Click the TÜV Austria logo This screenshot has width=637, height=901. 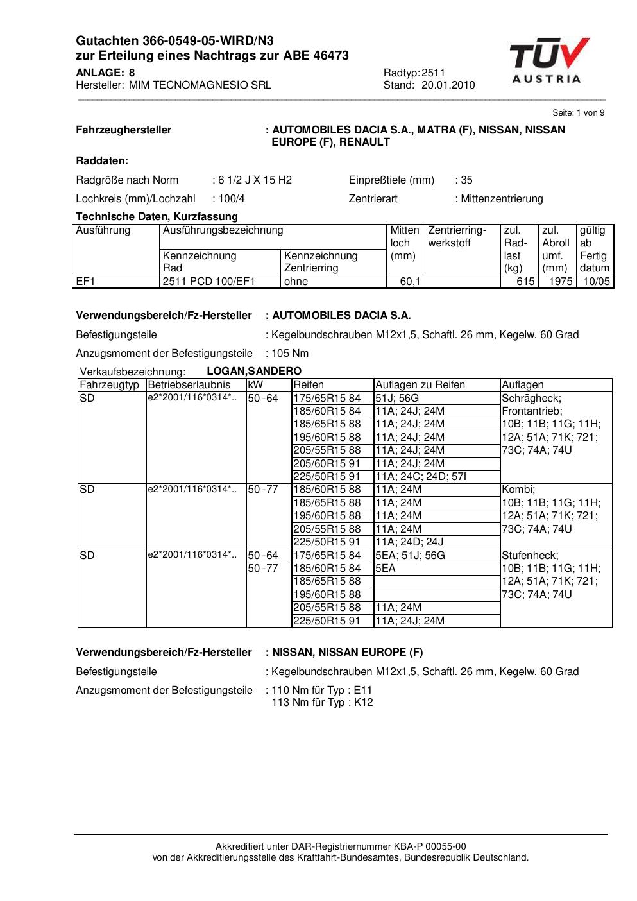[549, 61]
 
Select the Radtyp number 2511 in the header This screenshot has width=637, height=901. [434, 73]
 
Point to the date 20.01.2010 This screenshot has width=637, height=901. [448, 85]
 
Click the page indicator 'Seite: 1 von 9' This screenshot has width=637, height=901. [578, 113]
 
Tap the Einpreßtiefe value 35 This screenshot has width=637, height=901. [466, 180]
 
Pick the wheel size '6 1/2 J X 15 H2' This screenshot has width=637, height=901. [255, 180]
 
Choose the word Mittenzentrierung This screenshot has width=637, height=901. [502, 199]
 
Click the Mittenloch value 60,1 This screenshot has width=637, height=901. [411, 282]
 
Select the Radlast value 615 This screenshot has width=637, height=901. [525, 282]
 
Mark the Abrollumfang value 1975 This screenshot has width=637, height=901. [561, 282]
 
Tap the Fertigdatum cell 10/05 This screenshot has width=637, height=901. [597, 282]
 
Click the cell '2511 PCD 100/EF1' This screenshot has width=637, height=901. [209, 282]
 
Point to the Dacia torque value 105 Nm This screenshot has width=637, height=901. [290, 354]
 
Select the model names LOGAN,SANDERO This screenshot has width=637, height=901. [254, 372]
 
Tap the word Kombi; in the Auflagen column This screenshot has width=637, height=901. [518, 490]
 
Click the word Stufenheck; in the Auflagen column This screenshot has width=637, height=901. [530, 556]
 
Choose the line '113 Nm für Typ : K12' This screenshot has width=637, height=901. [323, 703]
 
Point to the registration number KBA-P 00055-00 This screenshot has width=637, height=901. [421, 847]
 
